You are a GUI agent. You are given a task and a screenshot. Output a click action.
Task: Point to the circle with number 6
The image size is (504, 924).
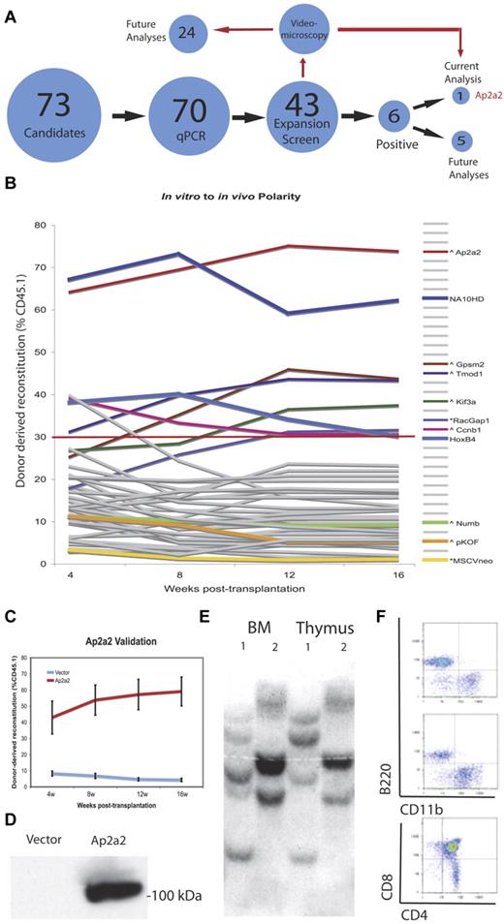(x=392, y=111)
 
